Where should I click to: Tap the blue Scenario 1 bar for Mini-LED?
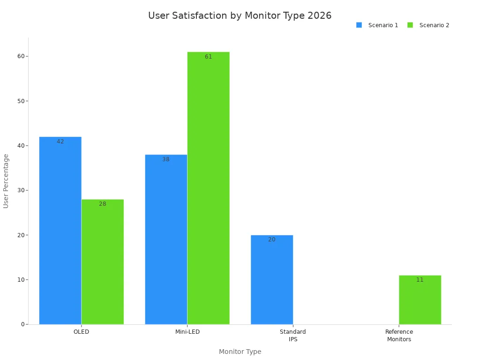pyautogui.click(x=166, y=240)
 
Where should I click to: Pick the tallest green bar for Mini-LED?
pyautogui.click(x=208, y=188)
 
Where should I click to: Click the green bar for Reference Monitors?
pyautogui.click(x=420, y=300)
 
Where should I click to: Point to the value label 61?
pyautogui.click(x=208, y=57)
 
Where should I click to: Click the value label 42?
pyautogui.click(x=60, y=142)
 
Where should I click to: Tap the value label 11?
pyautogui.click(x=420, y=280)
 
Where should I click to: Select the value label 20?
pyautogui.click(x=272, y=240)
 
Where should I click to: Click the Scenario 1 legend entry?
pyautogui.click(x=377, y=25)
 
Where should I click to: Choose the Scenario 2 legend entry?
pyautogui.click(x=428, y=25)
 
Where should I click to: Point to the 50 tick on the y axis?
pyautogui.click(x=21, y=101)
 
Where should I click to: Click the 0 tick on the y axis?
pyautogui.click(x=22, y=324)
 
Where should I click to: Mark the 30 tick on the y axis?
pyautogui.click(x=21, y=190)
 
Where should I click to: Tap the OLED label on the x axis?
pyautogui.click(x=81, y=332)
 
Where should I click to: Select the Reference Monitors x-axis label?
pyautogui.click(x=399, y=336)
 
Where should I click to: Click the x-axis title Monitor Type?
pyautogui.click(x=240, y=352)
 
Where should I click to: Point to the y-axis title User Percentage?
pyautogui.click(x=6, y=181)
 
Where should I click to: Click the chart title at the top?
pyautogui.click(x=240, y=15)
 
